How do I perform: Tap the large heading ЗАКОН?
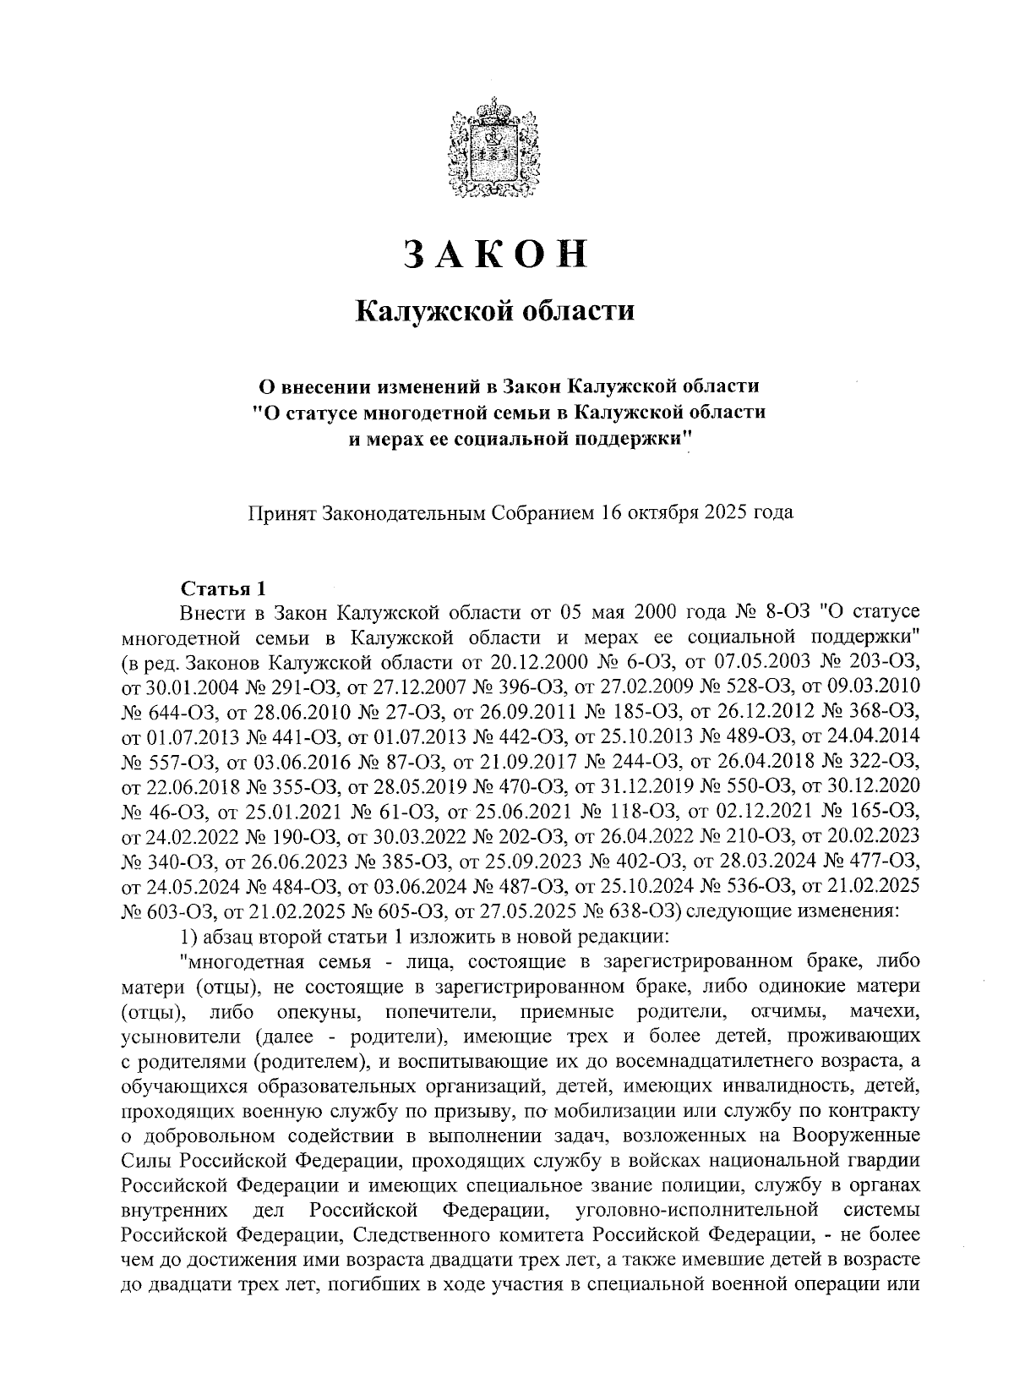click(x=494, y=254)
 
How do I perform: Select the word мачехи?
click(x=885, y=1011)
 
